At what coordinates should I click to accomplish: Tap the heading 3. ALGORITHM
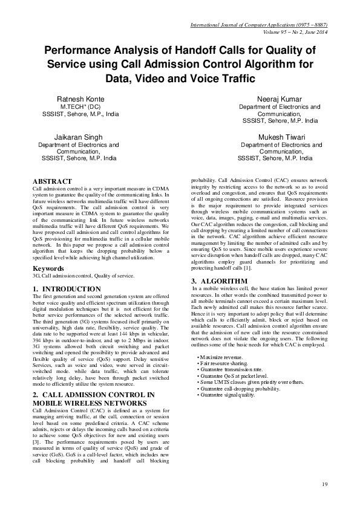219,282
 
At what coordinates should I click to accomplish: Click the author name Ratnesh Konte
80,99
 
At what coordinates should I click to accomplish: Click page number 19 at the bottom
324,484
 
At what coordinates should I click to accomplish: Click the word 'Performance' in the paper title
82,52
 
